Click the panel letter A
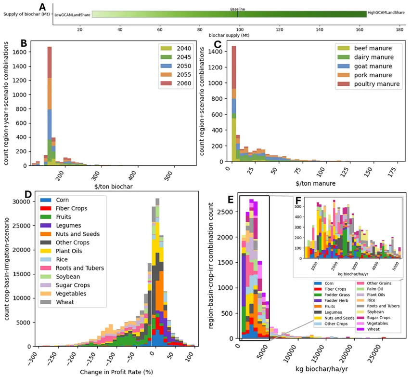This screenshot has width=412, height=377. (x=43, y=7)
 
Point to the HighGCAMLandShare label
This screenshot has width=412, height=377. (x=386, y=12)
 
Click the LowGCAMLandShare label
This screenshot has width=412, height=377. (x=72, y=15)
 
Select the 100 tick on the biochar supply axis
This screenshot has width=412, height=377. (x=239, y=29)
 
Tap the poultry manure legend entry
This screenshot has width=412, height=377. (x=376, y=83)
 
